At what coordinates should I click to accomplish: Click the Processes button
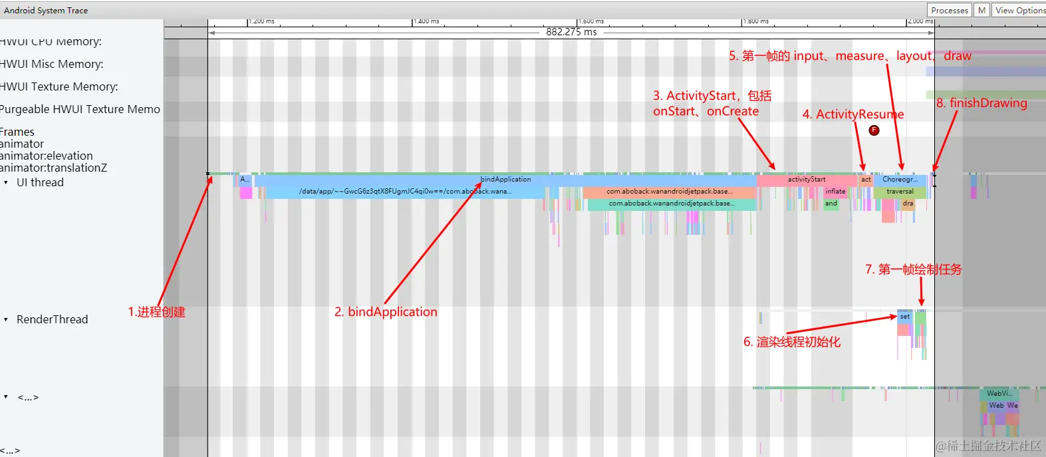949,10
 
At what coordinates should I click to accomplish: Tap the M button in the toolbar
981,10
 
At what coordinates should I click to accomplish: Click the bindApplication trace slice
505,180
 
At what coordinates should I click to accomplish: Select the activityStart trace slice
806,180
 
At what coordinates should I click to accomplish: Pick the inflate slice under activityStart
835,192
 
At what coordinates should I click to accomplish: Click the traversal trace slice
899,192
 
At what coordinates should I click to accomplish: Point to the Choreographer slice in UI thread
899,180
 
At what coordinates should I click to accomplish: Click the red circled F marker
874,130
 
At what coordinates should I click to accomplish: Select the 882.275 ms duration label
571,32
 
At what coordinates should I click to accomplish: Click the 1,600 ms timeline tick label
591,21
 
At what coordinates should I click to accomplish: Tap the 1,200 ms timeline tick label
261,21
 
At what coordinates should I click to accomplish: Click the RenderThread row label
52,319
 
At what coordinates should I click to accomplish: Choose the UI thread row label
40,182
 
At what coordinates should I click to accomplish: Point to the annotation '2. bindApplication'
386,312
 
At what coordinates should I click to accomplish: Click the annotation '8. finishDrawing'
981,103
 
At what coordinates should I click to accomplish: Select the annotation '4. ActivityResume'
852,114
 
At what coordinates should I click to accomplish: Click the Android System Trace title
46,10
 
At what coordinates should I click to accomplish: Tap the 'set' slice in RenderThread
904,317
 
